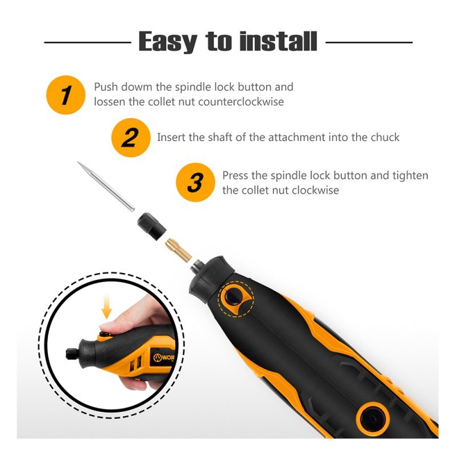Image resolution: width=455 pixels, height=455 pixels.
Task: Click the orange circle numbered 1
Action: [66, 94]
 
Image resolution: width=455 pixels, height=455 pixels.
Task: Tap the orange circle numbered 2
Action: [131, 138]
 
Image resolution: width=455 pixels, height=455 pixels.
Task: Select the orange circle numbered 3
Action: [196, 182]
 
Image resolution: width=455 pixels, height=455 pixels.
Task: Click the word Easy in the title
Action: [168, 42]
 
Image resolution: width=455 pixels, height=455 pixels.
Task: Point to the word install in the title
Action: [278, 41]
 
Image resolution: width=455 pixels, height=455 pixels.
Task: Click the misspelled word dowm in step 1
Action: [136, 87]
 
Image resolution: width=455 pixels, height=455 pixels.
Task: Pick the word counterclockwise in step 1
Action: [241, 102]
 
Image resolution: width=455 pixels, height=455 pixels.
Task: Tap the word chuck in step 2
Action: [385, 137]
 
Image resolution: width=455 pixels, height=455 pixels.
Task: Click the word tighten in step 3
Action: [410, 176]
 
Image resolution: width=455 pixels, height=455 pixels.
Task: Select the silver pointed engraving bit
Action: [106, 186]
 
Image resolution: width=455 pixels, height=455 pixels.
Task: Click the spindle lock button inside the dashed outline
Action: [233, 296]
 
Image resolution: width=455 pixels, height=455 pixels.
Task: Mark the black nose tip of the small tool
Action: [69, 353]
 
